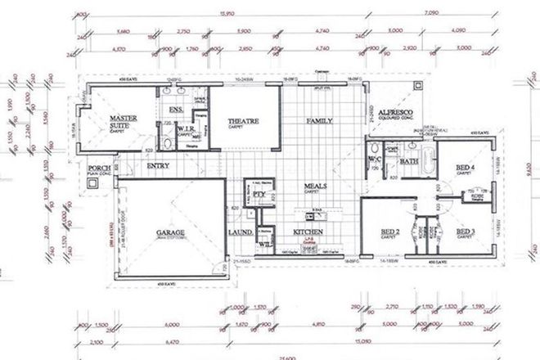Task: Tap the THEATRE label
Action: point(243,122)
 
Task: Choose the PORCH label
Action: point(99,170)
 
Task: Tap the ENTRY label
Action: point(157,166)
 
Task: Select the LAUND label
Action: point(240,233)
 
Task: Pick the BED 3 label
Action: point(466,232)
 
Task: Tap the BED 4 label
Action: point(466,168)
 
